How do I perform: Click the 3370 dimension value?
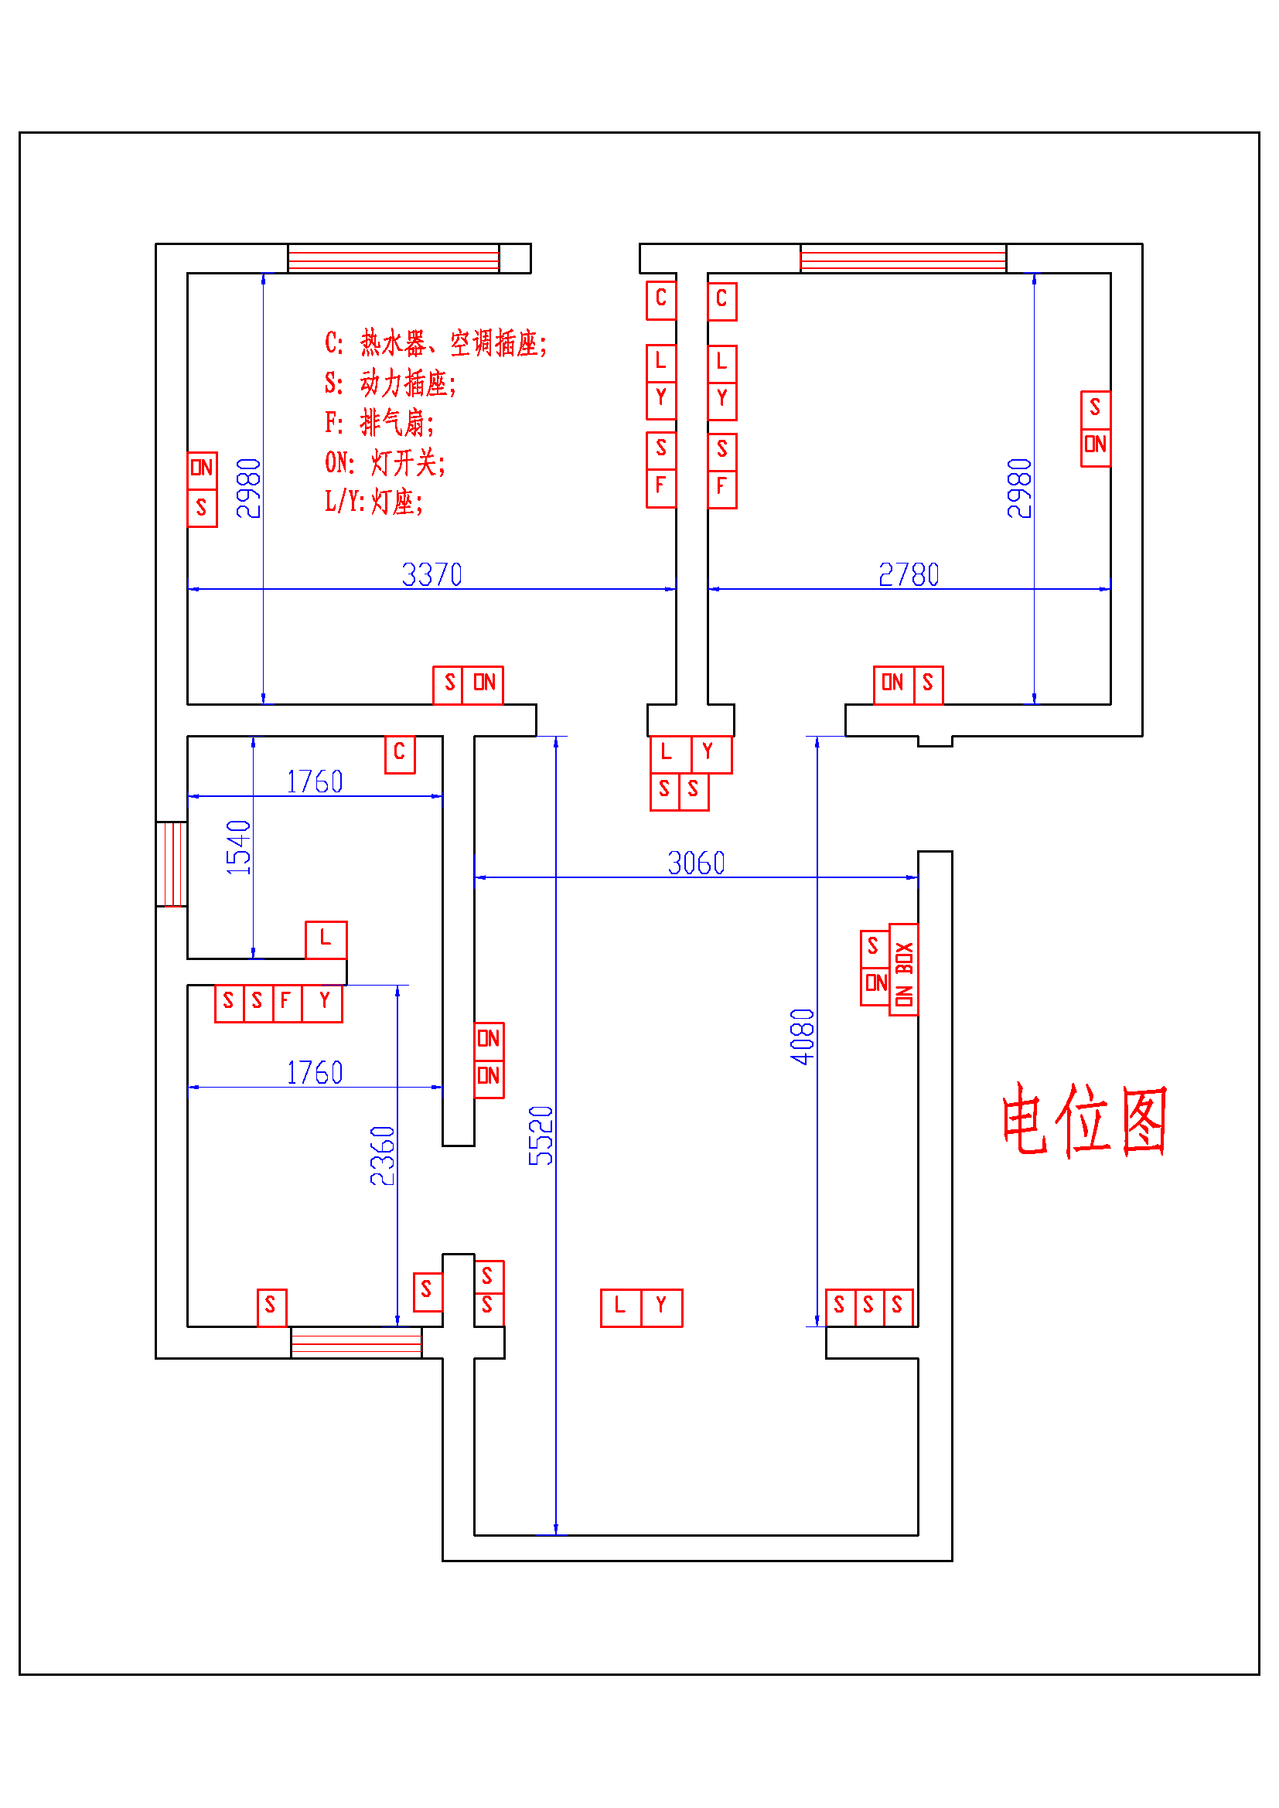pyautogui.click(x=431, y=574)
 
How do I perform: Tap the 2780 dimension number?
pyautogui.click(x=908, y=574)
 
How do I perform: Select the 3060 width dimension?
pyautogui.click(x=695, y=863)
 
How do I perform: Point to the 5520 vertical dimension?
pyautogui.click(x=541, y=1136)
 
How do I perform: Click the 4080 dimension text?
pyautogui.click(x=803, y=1037)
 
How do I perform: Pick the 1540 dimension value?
pyautogui.click(x=239, y=847)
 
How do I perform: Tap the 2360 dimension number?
pyautogui.click(x=383, y=1155)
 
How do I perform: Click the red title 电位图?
pyautogui.click(x=1083, y=1119)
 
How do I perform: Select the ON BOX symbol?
pyautogui.click(x=903, y=969)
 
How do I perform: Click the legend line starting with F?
pyautogui.click(x=379, y=423)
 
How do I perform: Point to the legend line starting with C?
pyautogui.click(x=435, y=343)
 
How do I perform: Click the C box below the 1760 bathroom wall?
pyautogui.click(x=399, y=754)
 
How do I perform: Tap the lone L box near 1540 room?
pyautogui.click(x=326, y=939)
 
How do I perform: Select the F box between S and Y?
pyautogui.click(x=287, y=1003)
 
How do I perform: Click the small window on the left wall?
pyautogui.click(x=171, y=864)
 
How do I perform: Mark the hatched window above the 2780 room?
pyautogui.click(x=902, y=258)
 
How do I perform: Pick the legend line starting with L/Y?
pyautogui.click(x=373, y=502)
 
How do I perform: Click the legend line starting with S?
pyautogui.click(x=390, y=383)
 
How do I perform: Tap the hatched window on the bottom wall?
pyautogui.click(x=356, y=1342)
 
